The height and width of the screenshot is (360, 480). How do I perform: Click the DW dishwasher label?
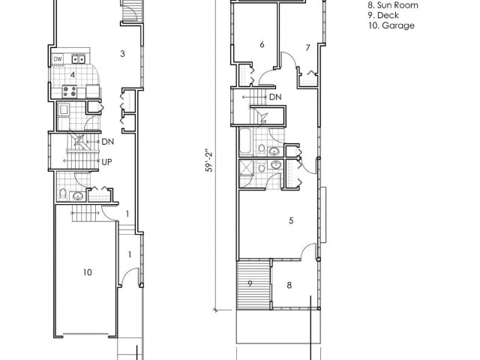click(58, 58)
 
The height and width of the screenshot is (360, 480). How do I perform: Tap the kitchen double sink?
click(78, 58)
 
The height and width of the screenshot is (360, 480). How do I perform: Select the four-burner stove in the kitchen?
click(70, 91)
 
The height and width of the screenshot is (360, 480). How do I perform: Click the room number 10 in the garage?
click(88, 272)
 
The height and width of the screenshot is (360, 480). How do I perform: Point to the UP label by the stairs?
click(106, 162)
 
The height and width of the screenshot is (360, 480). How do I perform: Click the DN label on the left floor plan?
click(107, 142)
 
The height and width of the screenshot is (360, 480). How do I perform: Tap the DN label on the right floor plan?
click(275, 97)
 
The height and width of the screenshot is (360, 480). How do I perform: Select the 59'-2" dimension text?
click(209, 162)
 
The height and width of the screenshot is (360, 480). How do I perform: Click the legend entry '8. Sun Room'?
click(393, 5)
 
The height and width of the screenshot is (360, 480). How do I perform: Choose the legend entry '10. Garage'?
click(391, 25)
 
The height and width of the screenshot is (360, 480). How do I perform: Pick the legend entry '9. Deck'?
click(383, 15)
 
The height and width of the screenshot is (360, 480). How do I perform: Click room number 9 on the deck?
click(250, 283)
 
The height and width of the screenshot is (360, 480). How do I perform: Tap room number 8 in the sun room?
click(289, 285)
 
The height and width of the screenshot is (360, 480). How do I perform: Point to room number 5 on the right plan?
click(291, 220)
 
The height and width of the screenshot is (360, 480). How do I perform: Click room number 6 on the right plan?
click(262, 44)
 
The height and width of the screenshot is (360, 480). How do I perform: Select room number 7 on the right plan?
click(308, 48)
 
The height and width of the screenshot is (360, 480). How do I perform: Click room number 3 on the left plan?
click(122, 54)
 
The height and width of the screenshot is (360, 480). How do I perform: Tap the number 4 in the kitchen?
click(73, 75)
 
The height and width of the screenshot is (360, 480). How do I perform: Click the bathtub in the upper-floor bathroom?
click(246, 141)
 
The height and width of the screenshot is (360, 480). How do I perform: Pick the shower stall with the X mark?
click(247, 167)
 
